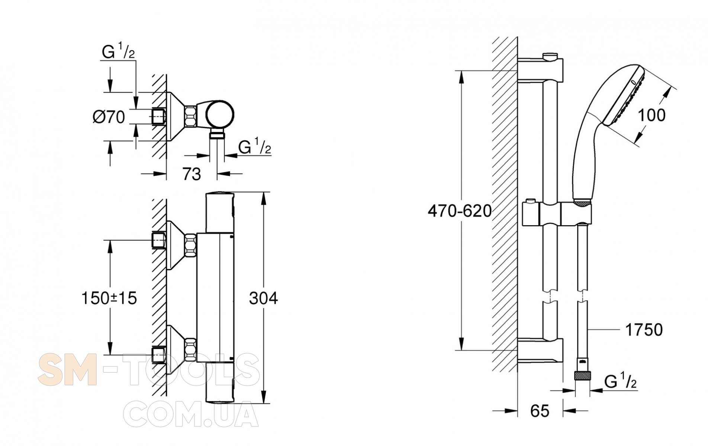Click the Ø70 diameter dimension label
pyautogui.click(x=109, y=117)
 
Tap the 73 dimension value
pyautogui.click(x=192, y=174)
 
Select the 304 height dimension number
pyautogui.click(x=263, y=298)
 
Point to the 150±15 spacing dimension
pyautogui.click(x=109, y=298)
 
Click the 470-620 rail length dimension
pyautogui.click(x=460, y=211)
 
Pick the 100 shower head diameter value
pyautogui.click(x=651, y=115)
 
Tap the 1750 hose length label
pyautogui.click(x=644, y=330)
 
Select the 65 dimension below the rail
pyautogui.click(x=540, y=411)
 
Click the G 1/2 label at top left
pyautogui.click(x=118, y=52)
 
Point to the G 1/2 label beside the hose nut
pyautogui.click(x=620, y=382)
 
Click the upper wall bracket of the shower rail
pyautogui.click(x=541, y=71)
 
